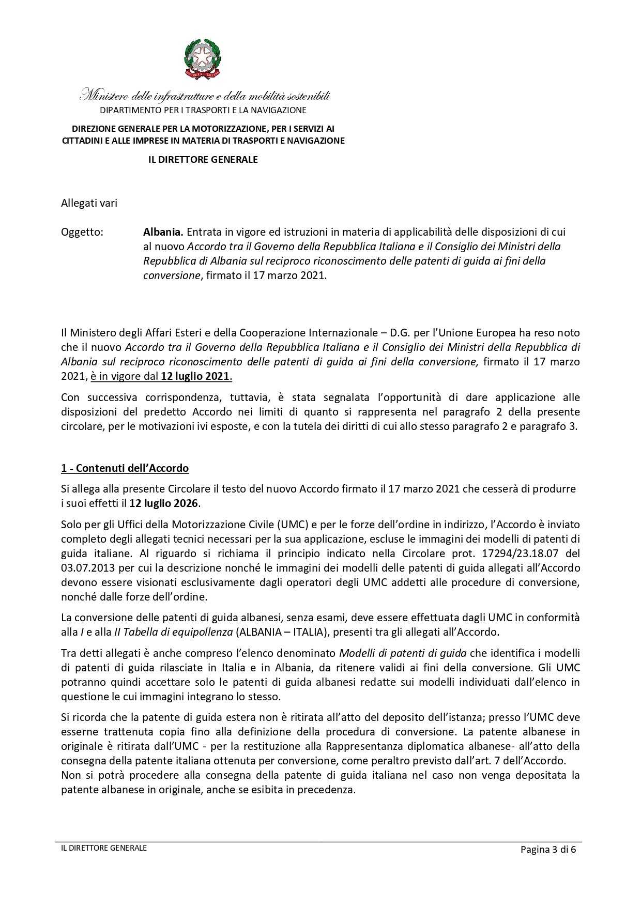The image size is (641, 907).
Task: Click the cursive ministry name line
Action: point(205,96)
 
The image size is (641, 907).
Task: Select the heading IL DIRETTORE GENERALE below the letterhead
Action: point(203,160)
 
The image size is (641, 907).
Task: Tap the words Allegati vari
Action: point(89,203)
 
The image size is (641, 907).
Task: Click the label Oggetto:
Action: point(82,232)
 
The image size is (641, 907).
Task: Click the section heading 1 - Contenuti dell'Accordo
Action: point(125,468)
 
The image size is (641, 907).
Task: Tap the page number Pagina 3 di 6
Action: point(548,850)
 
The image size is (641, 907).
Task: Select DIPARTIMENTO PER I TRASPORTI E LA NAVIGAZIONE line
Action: point(203,110)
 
